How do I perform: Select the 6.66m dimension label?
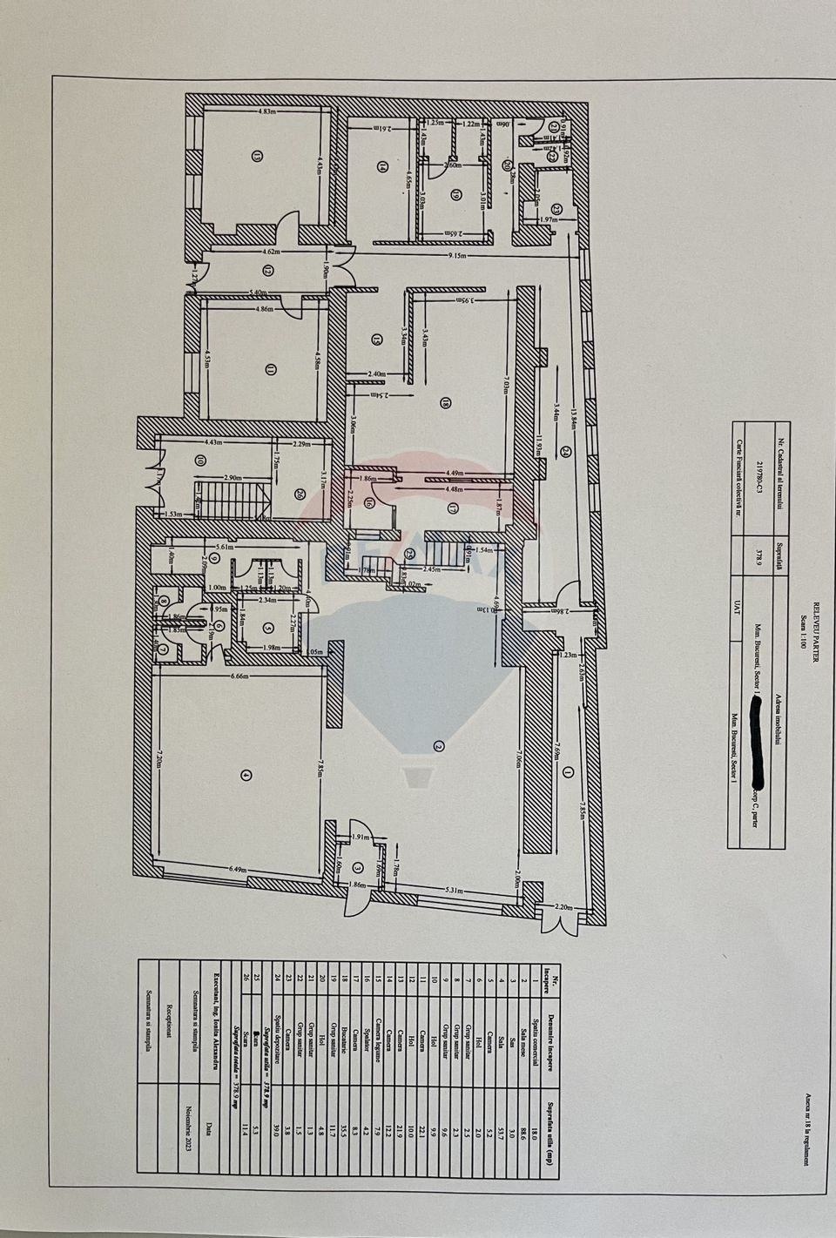pos(237,676)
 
